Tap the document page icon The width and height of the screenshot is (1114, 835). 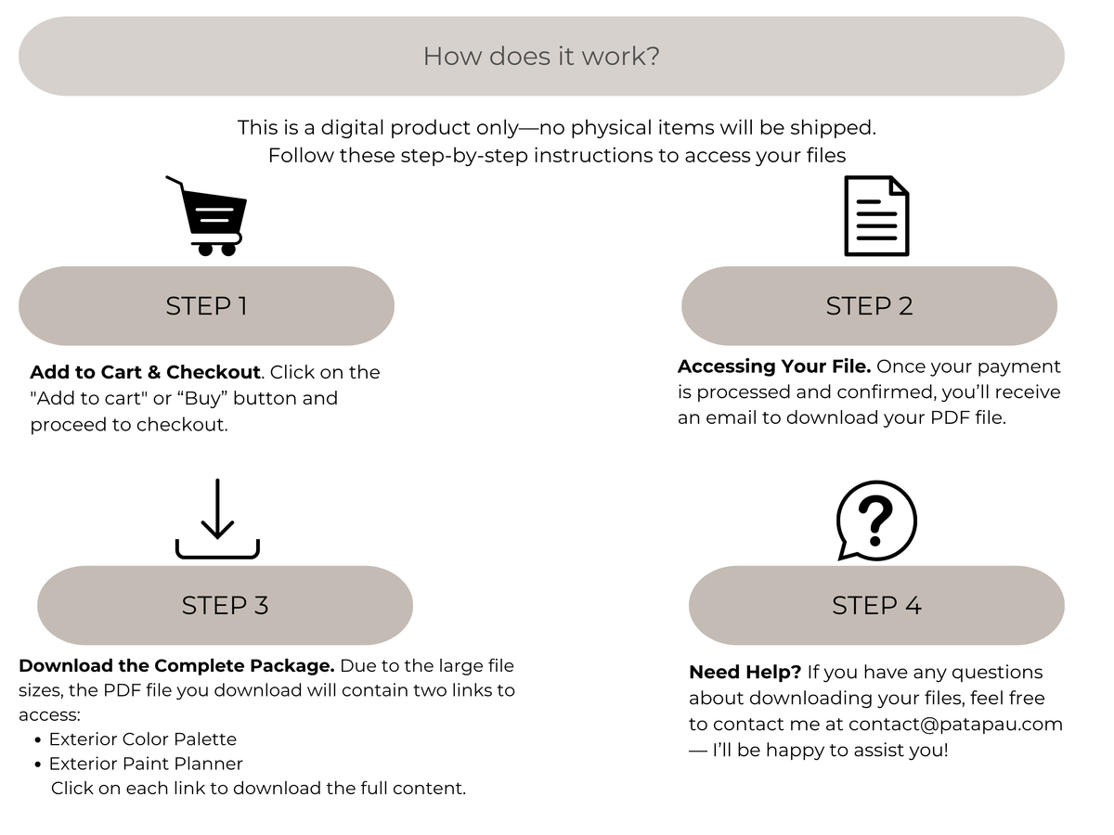click(876, 216)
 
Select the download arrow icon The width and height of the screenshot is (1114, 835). click(218, 519)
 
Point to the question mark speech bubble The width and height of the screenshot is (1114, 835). click(876, 520)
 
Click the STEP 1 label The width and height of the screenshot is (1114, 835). click(207, 306)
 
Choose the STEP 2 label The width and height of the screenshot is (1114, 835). click(869, 306)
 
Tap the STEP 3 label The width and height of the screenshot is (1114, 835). click(225, 605)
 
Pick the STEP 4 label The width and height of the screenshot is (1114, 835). click(876, 605)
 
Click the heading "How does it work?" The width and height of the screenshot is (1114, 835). click(541, 57)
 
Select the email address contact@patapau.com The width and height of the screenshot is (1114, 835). click(955, 725)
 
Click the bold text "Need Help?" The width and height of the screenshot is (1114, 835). click(745, 673)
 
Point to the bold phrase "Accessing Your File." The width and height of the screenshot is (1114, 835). click(774, 366)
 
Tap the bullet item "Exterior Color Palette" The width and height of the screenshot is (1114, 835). click(143, 739)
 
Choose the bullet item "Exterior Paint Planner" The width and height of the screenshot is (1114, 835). click(146, 764)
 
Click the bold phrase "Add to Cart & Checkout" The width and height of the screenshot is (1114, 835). click(145, 372)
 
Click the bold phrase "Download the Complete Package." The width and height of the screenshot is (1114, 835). click(176, 665)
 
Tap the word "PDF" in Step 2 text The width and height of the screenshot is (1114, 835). click(950, 417)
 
